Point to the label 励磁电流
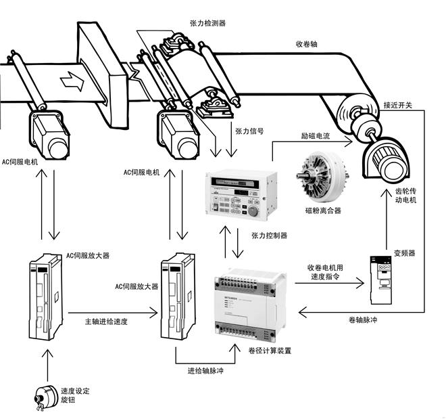click(x=315, y=136)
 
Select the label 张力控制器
click(x=269, y=236)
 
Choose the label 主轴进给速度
click(x=106, y=321)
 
